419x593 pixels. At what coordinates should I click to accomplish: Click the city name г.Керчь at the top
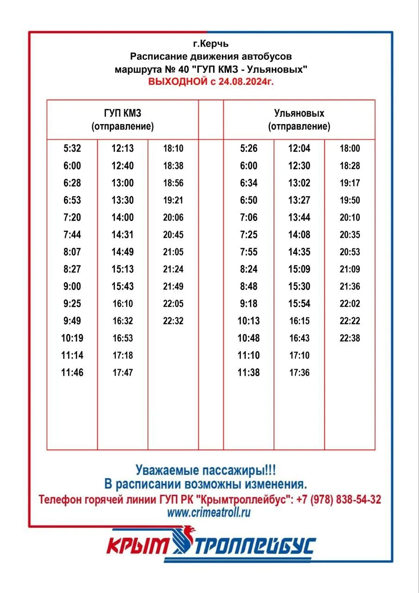click(x=211, y=44)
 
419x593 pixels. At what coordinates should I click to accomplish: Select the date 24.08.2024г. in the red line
click(x=244, y=82)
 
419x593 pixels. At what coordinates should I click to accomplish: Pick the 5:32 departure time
click(x=72, y=149)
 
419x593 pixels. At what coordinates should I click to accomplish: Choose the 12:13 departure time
click(x=123, y=149)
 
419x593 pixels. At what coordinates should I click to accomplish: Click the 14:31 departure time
click(x=123, y=235)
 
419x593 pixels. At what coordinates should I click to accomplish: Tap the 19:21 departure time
click(x=173, y=200)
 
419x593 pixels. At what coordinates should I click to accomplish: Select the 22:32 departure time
click(x=173, y=321)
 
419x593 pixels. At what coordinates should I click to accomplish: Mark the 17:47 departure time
click(x=123, y=372)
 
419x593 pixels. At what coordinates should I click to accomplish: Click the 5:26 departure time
click(x=249, y=149)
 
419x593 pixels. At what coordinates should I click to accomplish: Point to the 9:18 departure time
click(x=249, y=304)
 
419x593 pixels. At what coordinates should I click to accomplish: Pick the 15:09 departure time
click(x=299, y=269)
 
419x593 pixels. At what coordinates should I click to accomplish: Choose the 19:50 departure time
click(x=350, y=200)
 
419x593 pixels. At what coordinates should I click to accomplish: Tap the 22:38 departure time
click(x=350, y=338)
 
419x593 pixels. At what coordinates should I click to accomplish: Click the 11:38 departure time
click(x=249, y=372)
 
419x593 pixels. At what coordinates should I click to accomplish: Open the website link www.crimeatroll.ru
click(x=209, y=513)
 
